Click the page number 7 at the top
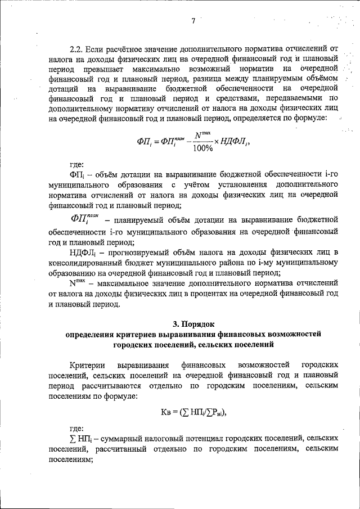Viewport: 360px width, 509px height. coord(192,21)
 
